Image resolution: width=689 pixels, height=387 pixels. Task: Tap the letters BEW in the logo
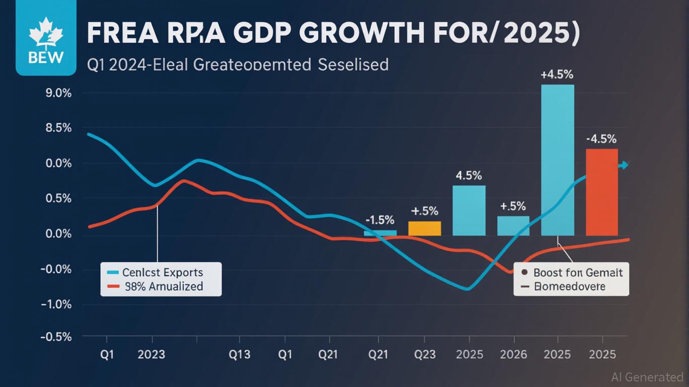[x=46, y=57]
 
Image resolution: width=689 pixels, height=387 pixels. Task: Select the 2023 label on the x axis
[x=151, y=354]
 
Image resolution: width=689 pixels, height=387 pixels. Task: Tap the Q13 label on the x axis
[x=239, y=354]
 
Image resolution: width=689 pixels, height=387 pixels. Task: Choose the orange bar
[x=425, y=228]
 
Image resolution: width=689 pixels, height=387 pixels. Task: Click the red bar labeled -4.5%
[x=602, y=192]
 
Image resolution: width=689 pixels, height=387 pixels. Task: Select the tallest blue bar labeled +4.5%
[x=558, y=160]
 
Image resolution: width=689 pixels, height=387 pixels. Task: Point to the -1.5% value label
[x=379, y=220]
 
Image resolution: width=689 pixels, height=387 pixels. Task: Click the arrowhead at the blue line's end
[x=625, y=165]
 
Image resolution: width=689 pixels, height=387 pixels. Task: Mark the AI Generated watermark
[x=647, y=377]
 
